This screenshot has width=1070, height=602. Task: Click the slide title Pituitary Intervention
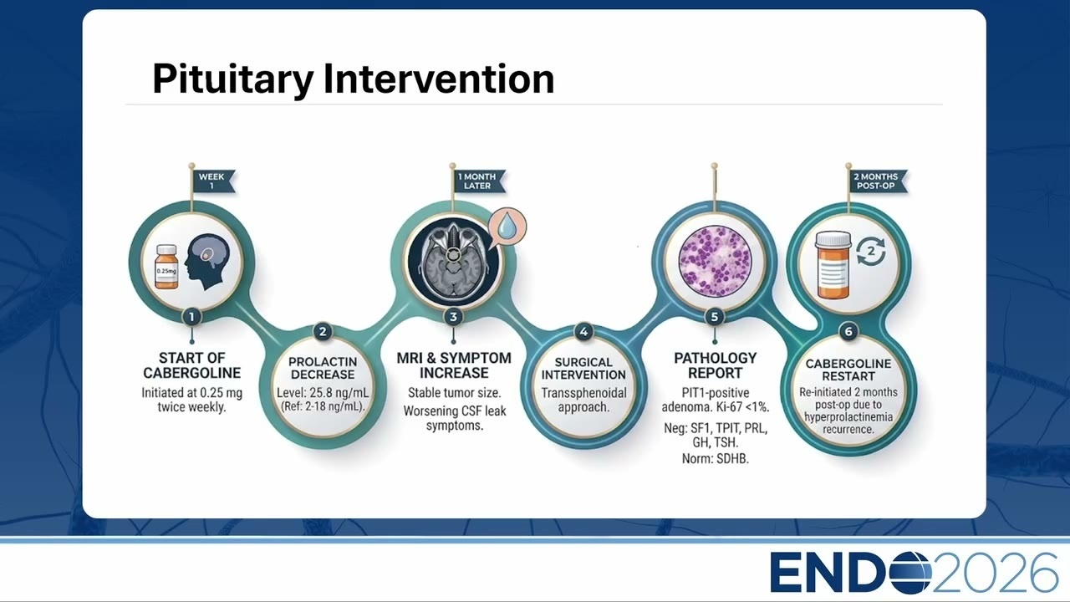point(354,79)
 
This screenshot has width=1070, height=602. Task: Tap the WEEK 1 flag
point(213,181)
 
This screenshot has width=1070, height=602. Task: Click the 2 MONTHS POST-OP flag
point(878,181)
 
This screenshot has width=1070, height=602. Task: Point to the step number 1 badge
point(191,317)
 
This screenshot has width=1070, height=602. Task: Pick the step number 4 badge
point(583,332)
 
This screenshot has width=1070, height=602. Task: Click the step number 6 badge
point(848,332)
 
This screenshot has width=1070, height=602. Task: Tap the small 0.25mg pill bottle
point(166,267)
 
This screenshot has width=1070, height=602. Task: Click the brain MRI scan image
point(453,262)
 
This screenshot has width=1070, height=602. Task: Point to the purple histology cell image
point(715,262)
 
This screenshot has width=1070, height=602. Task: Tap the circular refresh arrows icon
point(871,252)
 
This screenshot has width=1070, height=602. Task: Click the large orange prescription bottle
point(833,265)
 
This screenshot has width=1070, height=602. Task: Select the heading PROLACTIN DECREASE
point(323,368)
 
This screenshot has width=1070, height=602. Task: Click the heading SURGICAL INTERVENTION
point(583,369)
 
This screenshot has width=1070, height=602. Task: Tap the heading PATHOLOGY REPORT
point(715,365)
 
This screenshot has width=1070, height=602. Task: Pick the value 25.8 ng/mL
point(339,393)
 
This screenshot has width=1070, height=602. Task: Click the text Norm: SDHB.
point(715,459)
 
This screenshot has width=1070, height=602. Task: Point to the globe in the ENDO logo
point(908,573)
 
